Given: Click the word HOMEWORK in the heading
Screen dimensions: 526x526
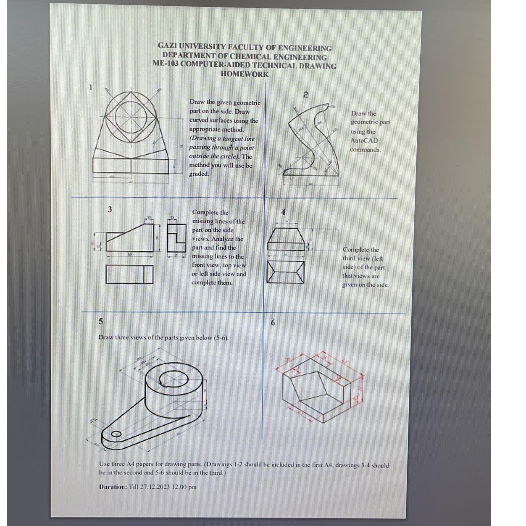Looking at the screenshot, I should coord(245,74).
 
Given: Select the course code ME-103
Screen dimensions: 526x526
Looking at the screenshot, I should coord(166,65).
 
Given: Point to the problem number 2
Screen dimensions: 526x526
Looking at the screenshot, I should coord(306,95).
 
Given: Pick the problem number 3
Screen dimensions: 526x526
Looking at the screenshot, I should coord(110,209).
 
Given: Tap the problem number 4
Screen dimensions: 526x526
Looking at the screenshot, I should coord(283,212).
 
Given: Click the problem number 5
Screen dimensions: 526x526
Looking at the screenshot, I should coord(100,321).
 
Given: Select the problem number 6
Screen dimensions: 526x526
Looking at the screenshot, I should coord(273,323).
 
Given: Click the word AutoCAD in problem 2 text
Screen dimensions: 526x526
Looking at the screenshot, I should coord(364,140).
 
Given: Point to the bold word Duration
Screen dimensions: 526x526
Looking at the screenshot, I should coord(113,487).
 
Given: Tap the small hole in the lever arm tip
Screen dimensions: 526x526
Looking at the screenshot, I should coord(116,434).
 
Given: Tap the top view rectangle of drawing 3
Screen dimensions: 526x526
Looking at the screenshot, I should coord(129,274).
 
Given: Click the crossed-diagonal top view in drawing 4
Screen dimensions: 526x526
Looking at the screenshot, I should coord(286,272).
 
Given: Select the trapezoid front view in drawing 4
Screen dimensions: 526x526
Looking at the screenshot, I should coord(286,239).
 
